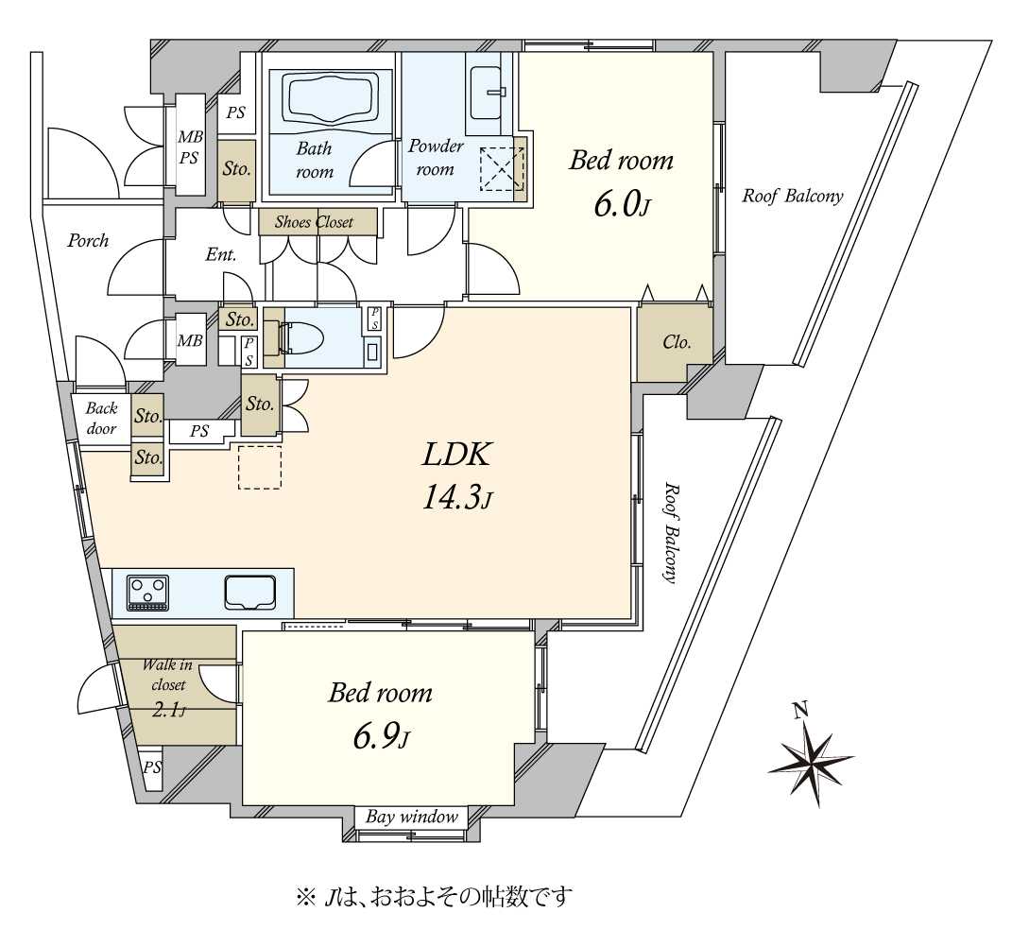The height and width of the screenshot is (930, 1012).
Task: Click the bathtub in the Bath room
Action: [x=331, y=101]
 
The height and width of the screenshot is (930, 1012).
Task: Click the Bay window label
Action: [x=412, y=817]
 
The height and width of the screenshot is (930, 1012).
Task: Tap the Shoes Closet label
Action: [x=315, y=222]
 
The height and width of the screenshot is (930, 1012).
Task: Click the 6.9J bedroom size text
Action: [x=381, y=738]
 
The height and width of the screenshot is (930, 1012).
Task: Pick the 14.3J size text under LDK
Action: [x=457, y=497]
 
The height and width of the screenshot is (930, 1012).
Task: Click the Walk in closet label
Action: [x=167, y=674]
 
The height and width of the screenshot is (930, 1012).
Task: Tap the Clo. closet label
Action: [x=677, y=342]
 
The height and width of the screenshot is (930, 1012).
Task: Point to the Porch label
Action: [x=88, y=241]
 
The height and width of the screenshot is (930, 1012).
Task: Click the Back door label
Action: [x=101, y=418]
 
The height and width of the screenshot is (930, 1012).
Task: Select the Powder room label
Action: [x=436, y=158]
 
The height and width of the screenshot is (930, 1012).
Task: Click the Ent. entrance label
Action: [x=221, y=255]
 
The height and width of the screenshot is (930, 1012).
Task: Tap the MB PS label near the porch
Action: [x=190, y=147]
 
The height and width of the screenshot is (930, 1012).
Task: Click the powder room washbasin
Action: [x=485, y=93]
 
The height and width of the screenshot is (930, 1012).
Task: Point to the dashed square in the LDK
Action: [x=260, y=467]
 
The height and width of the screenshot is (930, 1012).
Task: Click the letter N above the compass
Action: [x=801, y=710]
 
